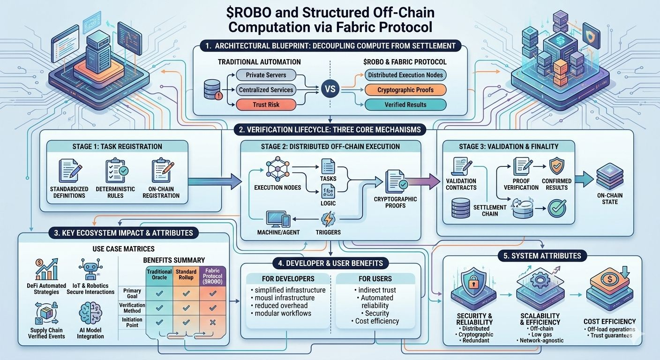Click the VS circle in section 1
pyautogui.click(x=331, y=89)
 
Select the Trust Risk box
pyautogui.click(x=266, y=105)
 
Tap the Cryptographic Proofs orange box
pyautogui.click(x=405, y=90)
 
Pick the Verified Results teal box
pyautogui.click(x=405, y=105)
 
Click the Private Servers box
pyautogui.click(x=266, y=75)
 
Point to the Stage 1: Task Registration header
pyautogui.click(x=118, y=146)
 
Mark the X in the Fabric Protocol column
pyautogui.click(x=213, y=322)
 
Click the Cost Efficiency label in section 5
pyautogui.click(x=609, y=322)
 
